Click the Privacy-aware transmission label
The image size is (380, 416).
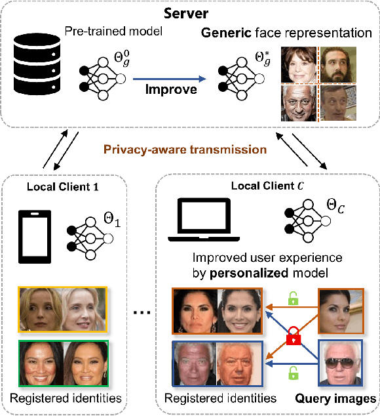click(x=191, y=150)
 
